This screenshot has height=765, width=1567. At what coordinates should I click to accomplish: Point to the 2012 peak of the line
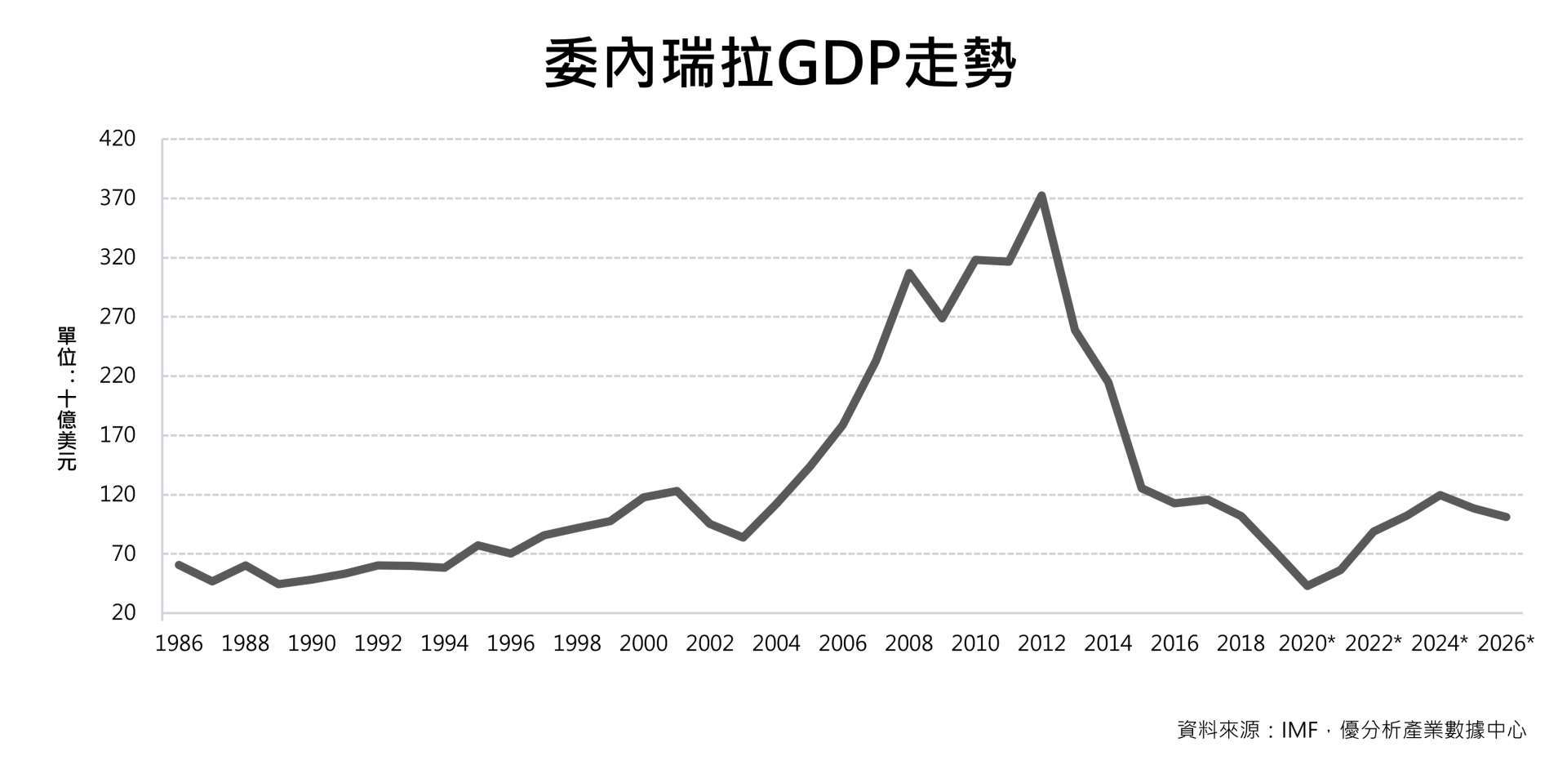[1041, 196]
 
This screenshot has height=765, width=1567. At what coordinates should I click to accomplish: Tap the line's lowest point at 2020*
[1307, 586]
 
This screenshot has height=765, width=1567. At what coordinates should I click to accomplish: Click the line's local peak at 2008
[908, 273]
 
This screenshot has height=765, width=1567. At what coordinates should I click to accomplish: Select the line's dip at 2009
[942, 318]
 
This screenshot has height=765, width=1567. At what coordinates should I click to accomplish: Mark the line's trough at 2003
[743, 538]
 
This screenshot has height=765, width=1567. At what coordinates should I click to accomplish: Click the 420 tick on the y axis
[117, 139]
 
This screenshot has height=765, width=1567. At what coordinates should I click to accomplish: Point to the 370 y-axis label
[117, 198]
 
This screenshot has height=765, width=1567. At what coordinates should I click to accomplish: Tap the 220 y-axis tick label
[117, 376]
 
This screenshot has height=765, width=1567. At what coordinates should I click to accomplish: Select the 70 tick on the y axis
[122, 554]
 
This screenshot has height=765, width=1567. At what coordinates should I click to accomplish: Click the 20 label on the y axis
[122, 613]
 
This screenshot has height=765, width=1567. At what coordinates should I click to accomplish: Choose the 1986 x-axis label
[179, 644]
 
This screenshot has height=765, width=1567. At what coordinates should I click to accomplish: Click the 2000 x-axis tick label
[643, 644]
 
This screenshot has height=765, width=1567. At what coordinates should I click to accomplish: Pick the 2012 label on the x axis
[1041, 644]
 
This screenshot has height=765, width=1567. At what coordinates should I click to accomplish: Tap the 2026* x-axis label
[1506, 644]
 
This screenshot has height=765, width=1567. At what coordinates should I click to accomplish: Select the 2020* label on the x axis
[1307, 644]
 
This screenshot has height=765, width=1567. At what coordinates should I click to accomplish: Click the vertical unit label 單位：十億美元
[66, 398]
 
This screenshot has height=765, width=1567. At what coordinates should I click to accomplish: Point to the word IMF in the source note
[1299, 730]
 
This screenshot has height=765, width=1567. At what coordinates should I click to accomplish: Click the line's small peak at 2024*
[1440, 495]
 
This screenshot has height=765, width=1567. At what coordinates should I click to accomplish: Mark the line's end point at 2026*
[1506, 517]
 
